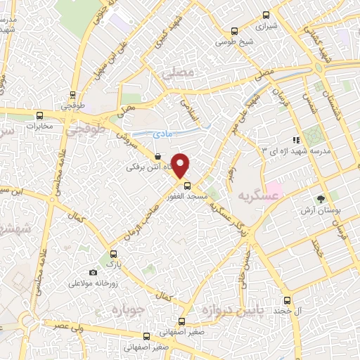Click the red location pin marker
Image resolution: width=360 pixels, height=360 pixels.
tap(181, 165)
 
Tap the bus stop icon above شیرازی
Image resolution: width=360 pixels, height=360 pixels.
tap(266, 15)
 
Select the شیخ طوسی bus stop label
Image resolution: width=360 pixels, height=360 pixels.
tap(233, 42)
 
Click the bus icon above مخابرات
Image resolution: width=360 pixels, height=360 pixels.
tap(39, 115)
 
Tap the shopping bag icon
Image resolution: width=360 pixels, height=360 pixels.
tap(157, 157)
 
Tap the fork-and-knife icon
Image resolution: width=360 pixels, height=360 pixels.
tap(296, 139)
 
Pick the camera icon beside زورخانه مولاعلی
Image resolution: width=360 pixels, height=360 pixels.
tap(93, 272)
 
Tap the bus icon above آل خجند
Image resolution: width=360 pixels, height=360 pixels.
tap(287, 300)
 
